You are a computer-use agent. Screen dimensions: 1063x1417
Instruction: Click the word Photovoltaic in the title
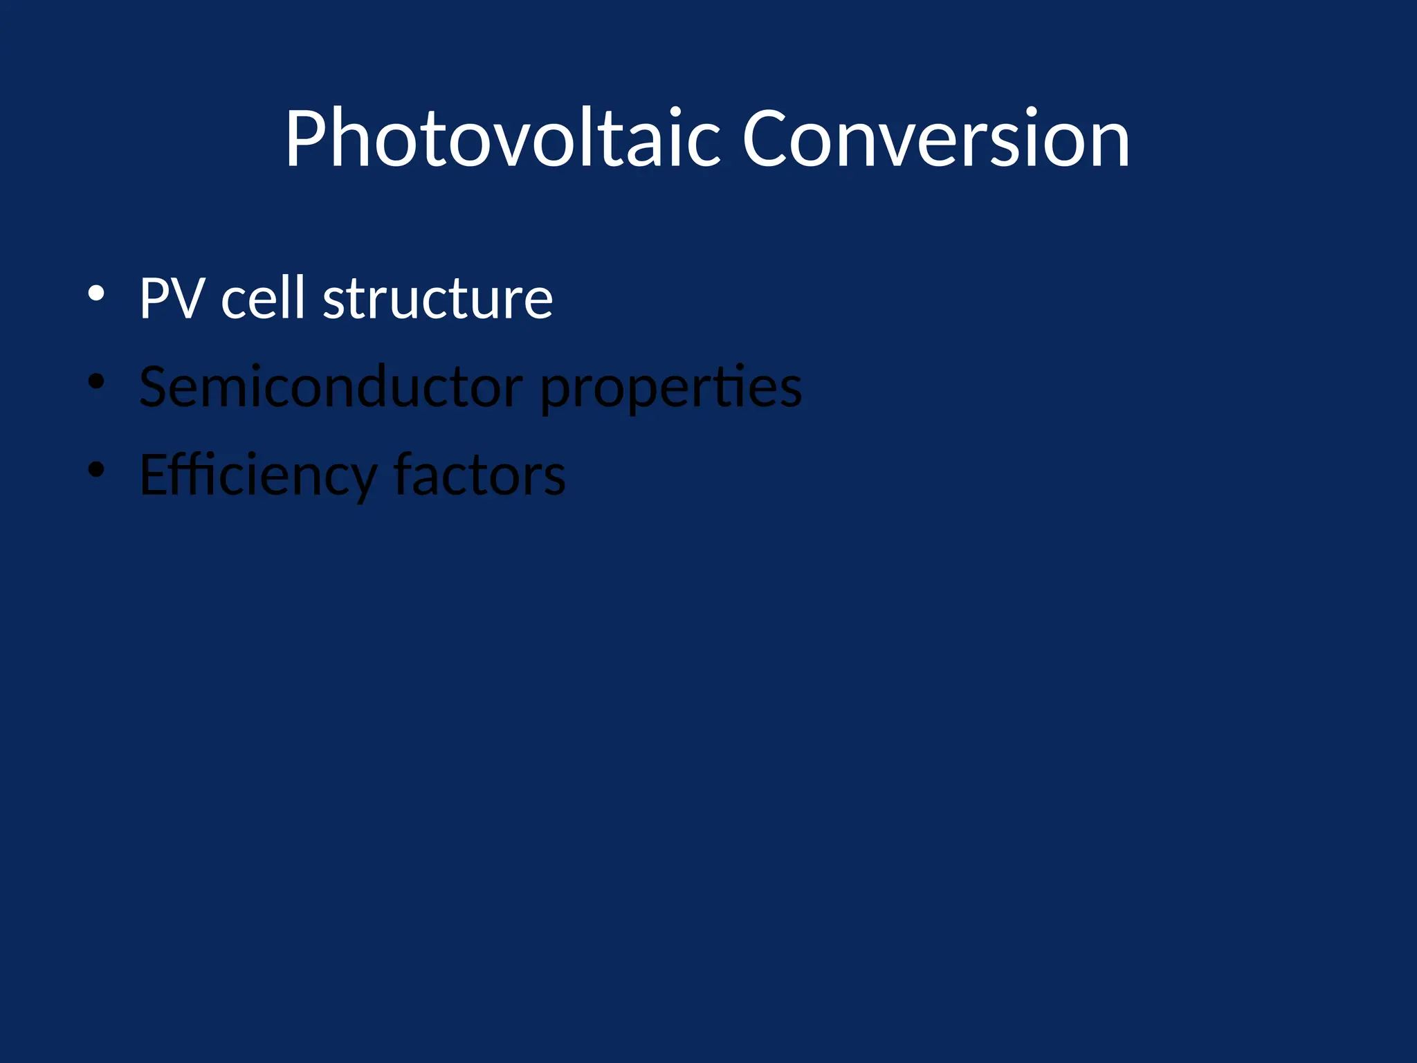coord(504,138)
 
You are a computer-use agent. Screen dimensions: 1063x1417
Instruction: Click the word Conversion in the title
coord(935,138)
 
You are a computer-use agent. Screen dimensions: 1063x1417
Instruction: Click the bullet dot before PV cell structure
coord(96,293)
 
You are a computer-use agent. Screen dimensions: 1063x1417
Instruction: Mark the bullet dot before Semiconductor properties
coord(96,381)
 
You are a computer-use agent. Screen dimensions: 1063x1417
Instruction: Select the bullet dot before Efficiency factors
coord(96,470)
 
